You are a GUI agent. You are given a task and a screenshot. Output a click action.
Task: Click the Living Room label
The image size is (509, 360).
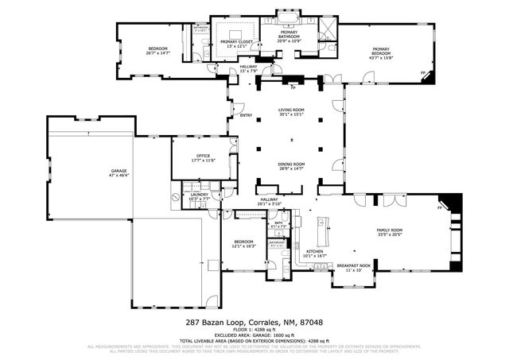click(x=291, y=111)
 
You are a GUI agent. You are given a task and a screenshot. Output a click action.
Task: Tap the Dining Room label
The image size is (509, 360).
click(x=291, y=165)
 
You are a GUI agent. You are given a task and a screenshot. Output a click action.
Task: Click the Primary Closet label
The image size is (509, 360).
click(x=236, y=43)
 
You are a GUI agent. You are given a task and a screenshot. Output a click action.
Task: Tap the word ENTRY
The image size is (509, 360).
click(x=246, y=116)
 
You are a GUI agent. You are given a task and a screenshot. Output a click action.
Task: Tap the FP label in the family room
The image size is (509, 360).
click(x=439, y=208)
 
